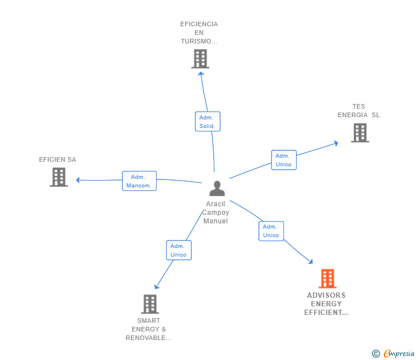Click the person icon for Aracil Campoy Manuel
217,188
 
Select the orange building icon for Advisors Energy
327,278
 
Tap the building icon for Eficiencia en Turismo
200,59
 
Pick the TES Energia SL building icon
359,133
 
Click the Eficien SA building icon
59,177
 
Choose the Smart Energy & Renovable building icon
150,303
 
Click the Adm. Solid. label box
207,121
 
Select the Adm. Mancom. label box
139,181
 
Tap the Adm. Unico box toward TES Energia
283,160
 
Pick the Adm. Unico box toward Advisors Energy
271,231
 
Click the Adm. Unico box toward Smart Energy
178,250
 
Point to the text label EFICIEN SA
57,159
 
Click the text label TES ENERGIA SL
358,111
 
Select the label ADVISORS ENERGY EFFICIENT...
326,304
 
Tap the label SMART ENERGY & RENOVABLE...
149,329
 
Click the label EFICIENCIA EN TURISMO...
199,33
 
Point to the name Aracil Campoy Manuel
216,213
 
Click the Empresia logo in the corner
398,354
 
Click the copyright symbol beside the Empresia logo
375,354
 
